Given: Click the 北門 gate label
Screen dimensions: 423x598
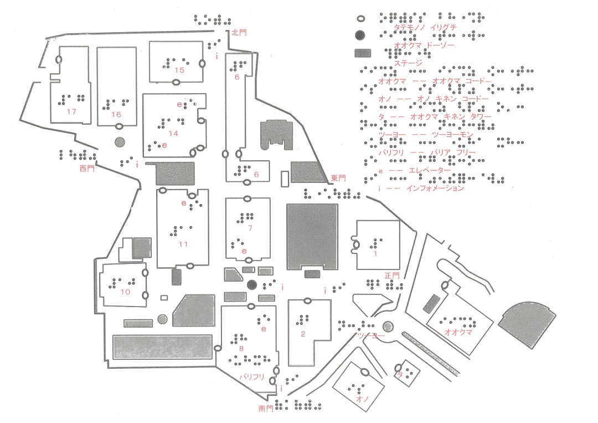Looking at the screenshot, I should coord(239,33).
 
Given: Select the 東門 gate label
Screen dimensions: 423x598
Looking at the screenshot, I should coord(338,178).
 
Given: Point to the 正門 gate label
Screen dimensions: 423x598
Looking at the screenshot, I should coord(391,275).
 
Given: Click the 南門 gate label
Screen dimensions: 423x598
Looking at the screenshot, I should coord(266,409).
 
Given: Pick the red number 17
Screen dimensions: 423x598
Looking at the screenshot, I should coord(71,111).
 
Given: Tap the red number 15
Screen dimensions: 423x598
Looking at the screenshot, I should coord(179,70).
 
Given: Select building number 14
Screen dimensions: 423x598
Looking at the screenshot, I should coord(173,133).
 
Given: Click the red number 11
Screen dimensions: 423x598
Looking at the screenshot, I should coord(183,244).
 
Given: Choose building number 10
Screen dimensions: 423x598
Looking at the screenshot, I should coord(125,291).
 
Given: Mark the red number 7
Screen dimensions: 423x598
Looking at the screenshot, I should coord(250,228).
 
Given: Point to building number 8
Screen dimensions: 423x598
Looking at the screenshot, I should coord(242,348).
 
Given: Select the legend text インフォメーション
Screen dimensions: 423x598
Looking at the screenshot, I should coord(435,188).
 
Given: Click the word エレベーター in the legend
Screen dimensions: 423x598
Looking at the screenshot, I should coord(430,171).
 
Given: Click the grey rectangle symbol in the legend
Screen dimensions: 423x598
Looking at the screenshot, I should coord(363,53).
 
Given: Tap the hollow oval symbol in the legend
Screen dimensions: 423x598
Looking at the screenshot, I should coord(360,17).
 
